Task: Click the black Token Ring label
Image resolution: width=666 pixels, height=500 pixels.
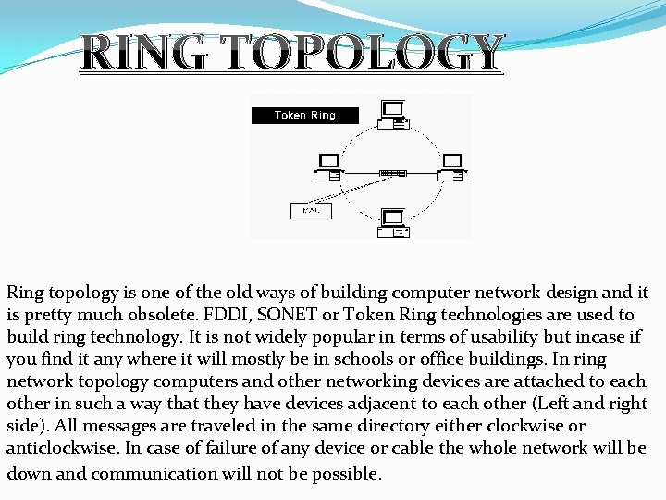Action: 304,116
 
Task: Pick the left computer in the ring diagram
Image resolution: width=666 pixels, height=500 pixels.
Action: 329,167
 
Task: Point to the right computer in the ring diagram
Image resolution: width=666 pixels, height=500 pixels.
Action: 451,167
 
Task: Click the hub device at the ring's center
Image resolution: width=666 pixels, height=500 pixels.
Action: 392,173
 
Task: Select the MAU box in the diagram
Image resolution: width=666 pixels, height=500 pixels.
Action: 311,210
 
